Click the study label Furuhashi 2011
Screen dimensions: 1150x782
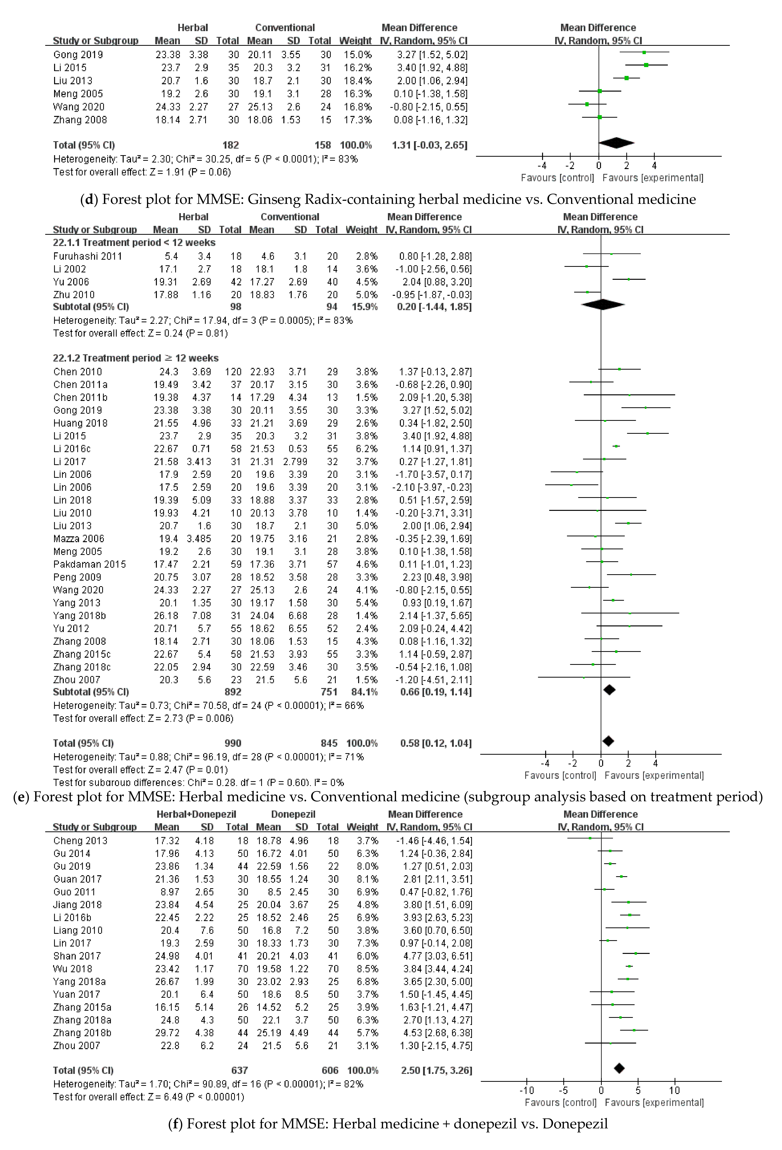[88, 256]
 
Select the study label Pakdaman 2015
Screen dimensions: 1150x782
[89, 564]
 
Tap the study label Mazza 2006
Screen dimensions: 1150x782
[79, 538]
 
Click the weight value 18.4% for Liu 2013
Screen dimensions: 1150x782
[358, 81]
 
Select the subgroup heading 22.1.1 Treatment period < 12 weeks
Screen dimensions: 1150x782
[134, 242]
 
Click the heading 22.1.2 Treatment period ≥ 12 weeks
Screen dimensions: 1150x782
[136, 358]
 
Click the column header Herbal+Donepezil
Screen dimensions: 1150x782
[196, 814]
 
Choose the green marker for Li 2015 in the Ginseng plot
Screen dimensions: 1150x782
[646, 65]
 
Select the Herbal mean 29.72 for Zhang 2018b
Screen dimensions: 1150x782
[167, 1033]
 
